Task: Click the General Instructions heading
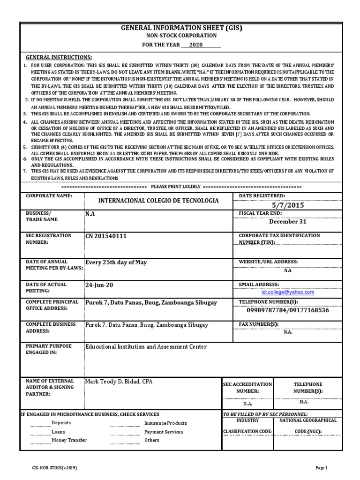(59, 56)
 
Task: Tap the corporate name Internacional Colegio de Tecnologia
(158, 200)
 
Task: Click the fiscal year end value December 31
(287, 221)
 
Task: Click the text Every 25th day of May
(116, 262)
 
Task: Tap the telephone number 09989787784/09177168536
(287, 310)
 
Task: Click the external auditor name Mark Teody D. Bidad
(119, 382)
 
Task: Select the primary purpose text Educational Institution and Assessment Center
(145, 346)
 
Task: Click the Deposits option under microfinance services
(61, 423)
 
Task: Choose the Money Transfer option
(69, 440)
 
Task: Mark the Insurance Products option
(165, 423)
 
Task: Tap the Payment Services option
(164, 432)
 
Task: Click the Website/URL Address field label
(269, 262)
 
